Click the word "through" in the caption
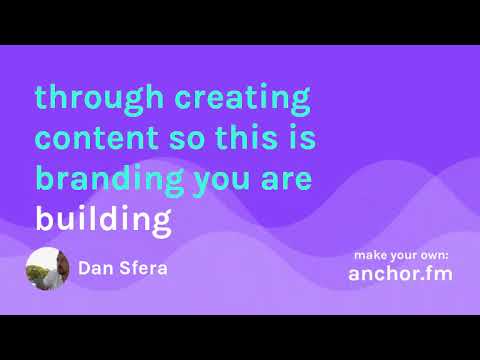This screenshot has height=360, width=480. click(98, 99)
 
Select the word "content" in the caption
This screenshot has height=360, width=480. click(94, 139)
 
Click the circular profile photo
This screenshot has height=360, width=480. click(47, 268)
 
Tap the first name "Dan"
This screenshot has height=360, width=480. click(98, 268)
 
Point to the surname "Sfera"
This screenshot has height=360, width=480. click(146, 268)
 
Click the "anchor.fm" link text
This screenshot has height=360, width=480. click(400, 273)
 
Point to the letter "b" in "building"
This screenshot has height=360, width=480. click(43, 217)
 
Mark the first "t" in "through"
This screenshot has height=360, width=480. click(40, 99)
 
